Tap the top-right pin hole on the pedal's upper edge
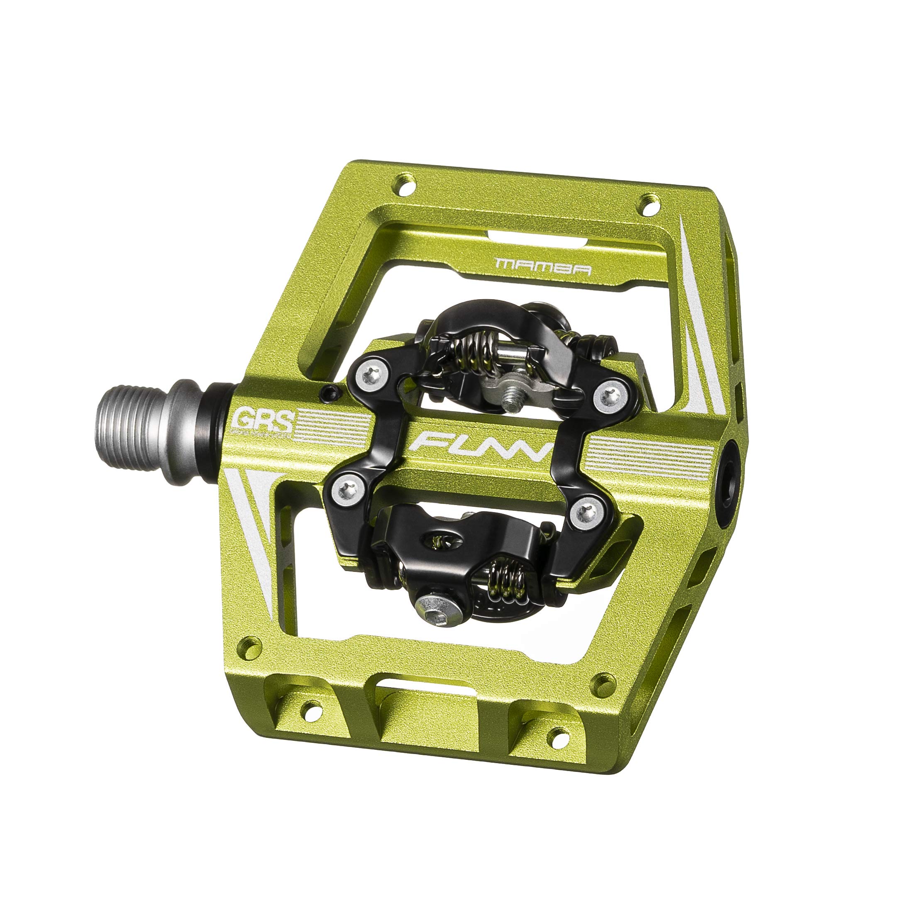click(648, 202)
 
